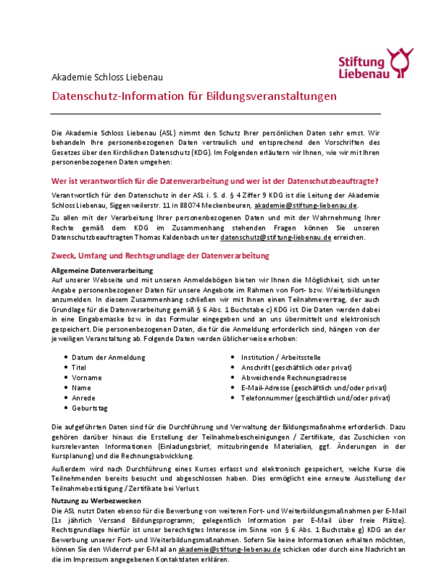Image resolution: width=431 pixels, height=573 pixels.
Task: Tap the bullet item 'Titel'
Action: [78, 367]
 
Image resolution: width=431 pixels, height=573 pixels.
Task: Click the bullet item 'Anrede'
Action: [82, 397]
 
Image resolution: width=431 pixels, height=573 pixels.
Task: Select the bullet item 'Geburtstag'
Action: [89, 407]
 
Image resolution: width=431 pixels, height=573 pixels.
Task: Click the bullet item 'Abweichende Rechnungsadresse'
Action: [294, 377]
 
